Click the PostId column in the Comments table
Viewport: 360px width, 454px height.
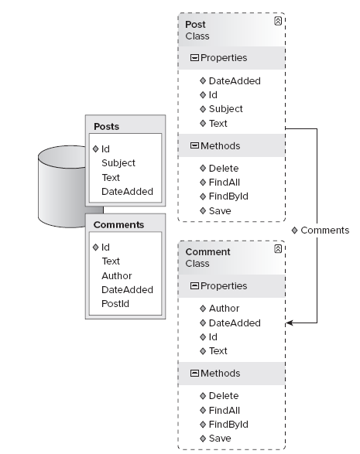click(x=115, y=304)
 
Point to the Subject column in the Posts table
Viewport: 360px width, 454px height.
click(x=118, y=163)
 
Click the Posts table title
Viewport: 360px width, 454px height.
click(x=106, y=127)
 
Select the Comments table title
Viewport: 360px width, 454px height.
click(x=118, y=225)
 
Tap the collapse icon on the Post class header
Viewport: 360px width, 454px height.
click(x=278, y=21)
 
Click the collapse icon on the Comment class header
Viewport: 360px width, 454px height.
click(x=278, y=249)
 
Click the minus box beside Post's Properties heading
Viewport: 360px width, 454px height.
click(x=194, y=58)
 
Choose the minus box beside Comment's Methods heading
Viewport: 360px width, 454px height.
click(x=194, y=374)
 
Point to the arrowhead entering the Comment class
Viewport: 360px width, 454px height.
click(x=290, y=323)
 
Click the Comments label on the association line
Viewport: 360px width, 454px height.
click(x=324, y=230)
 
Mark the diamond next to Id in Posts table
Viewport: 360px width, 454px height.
click(x=96, y=148)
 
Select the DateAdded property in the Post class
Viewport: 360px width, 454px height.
click(x=235, y=81)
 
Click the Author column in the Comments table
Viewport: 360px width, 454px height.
click(x=117, y=275)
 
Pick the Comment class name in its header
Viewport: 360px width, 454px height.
click(x=207, y=252)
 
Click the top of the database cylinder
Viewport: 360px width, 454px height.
click(x=62, y=156)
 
